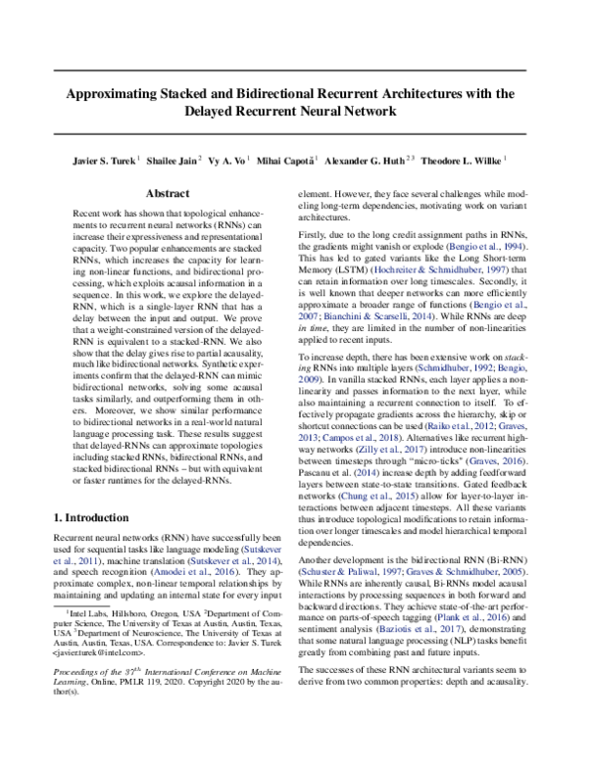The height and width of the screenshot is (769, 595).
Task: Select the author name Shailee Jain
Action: tap(176, 159)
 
